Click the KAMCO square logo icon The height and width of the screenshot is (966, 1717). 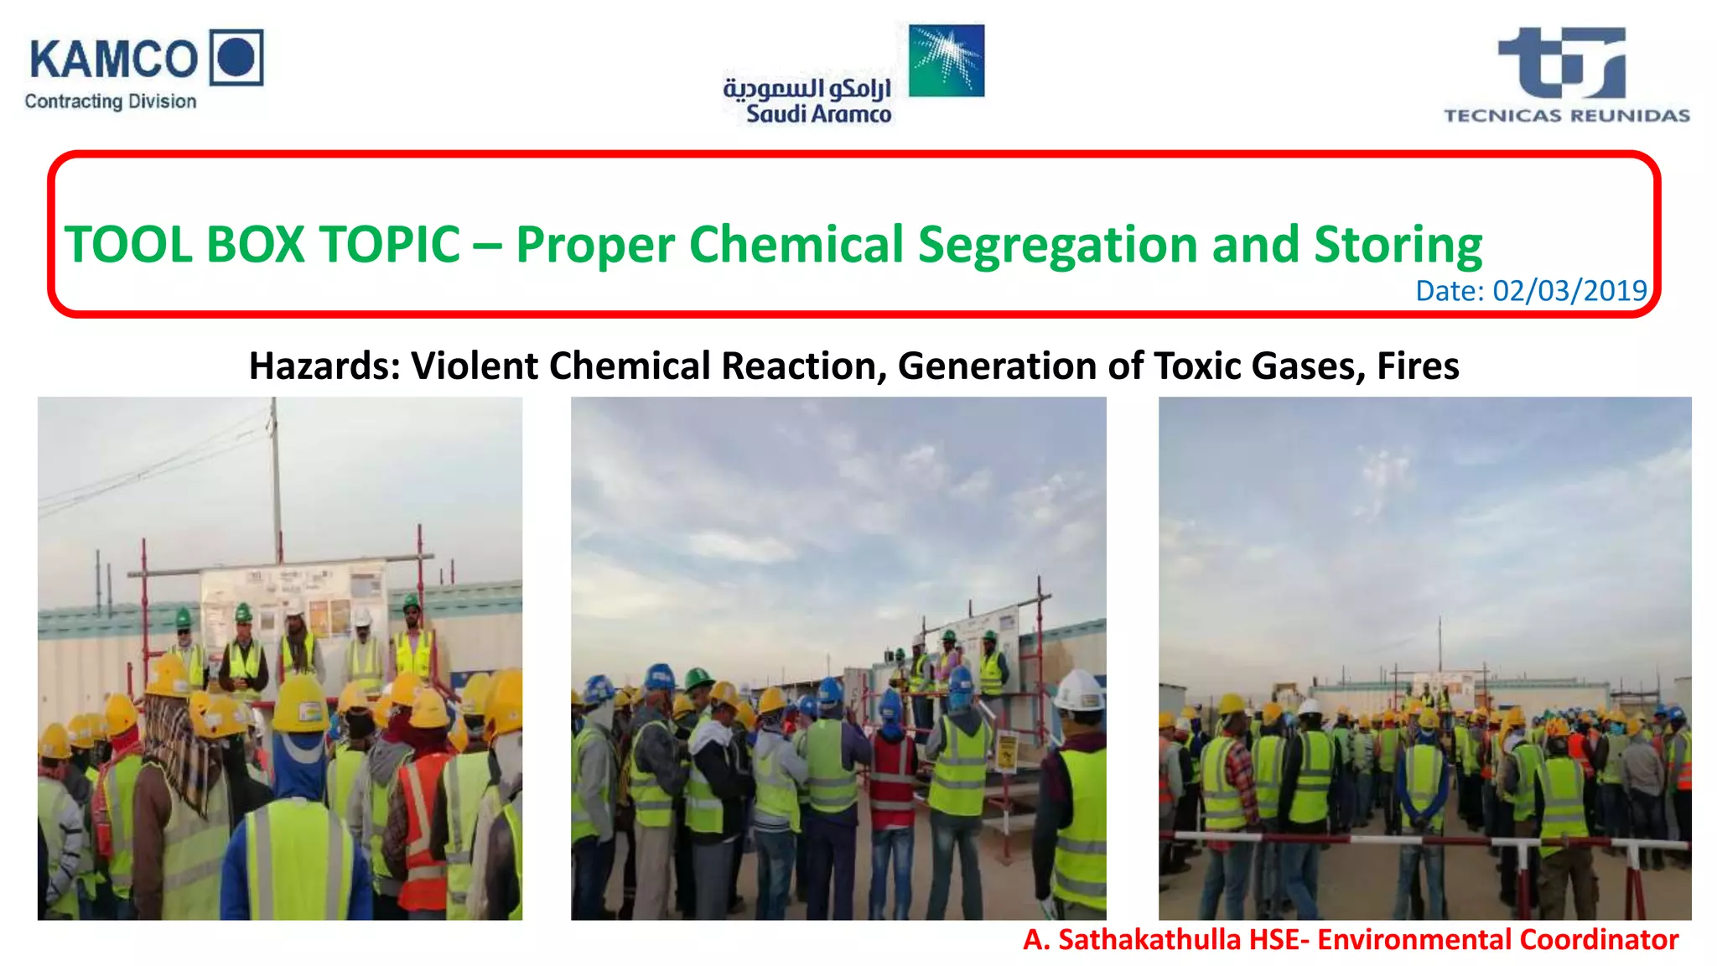pyautogui.click(x=236, y=57)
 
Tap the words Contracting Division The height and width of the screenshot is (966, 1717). pyautogui.click(x=111, y=101)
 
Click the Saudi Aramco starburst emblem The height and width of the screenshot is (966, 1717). pyautogui.click(x=947, y=60)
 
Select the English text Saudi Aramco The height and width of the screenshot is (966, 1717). pyautogui.click(x=818, y=114)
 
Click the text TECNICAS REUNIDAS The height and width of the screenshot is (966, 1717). pyautogui.click(x=1566, y=116)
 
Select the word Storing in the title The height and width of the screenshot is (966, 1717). pyautogui.click(x=1398, y=245)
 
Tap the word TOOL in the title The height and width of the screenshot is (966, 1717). pyautogui.click(x=128, y=245)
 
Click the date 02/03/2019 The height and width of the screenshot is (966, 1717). pyautogui.click(x=1569, y=290)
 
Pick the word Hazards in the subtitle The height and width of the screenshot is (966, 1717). pyautogui.click(x=324, y=366)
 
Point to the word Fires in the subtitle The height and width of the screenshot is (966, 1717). pyautogui.click(x=1418, y=366)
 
